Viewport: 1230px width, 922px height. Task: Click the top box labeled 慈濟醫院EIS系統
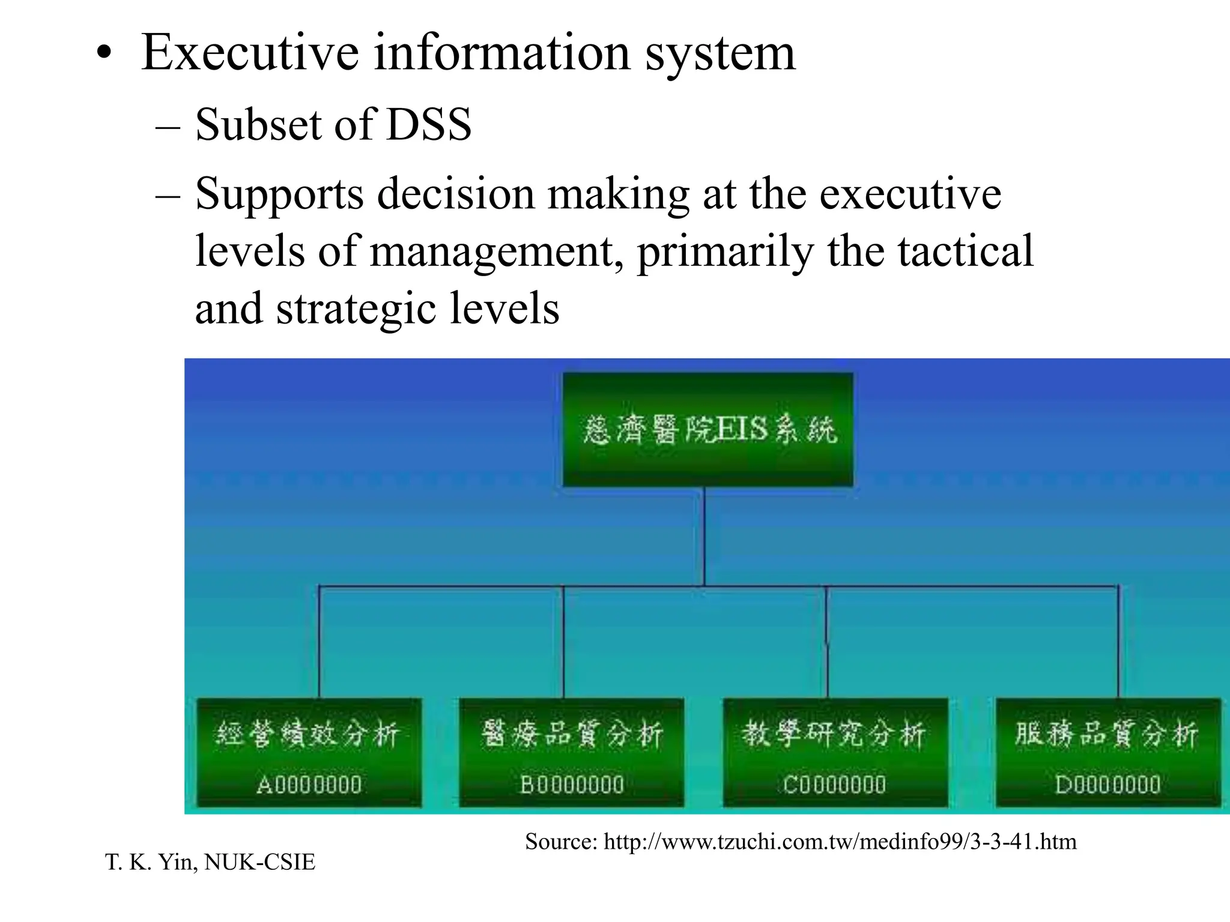[708, 429]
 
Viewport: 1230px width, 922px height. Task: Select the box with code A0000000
[309, 753]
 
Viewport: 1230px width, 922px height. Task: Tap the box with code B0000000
[571, 753]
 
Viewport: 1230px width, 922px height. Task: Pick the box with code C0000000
[835, 753]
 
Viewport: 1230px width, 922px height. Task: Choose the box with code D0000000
[1108, 753]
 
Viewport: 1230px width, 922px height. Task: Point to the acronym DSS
[429, 125]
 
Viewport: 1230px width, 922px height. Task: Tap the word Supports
[279, 196]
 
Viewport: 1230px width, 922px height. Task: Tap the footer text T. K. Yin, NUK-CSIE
[210, 862]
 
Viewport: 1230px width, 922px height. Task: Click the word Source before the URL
[561, 842]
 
